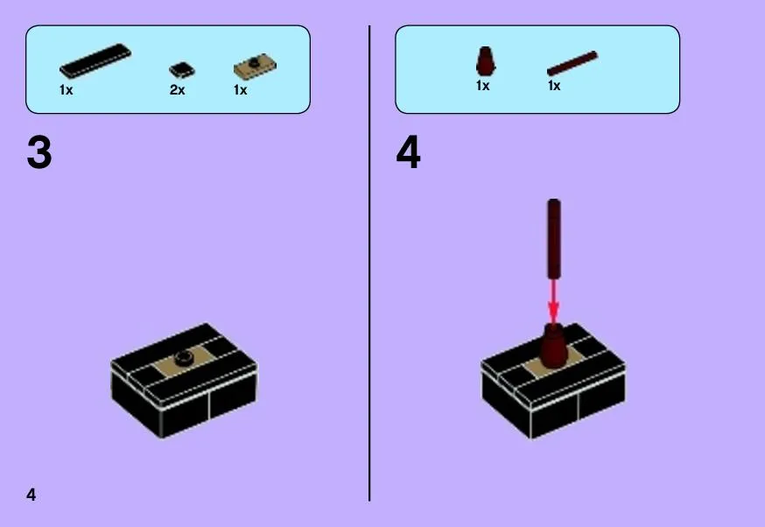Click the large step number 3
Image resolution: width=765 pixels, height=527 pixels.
point(39,152)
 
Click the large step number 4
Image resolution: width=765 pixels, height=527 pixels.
point(409,152)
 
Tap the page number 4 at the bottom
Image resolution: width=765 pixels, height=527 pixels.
point(32,495)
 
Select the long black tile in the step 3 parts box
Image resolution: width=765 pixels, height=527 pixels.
point(95,60)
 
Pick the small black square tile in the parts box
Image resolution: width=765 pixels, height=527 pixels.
point(181,70)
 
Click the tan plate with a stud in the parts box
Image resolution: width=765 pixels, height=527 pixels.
point(255,67)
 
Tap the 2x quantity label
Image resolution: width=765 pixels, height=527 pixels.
point(177,90)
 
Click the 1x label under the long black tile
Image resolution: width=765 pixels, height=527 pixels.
point(66,90)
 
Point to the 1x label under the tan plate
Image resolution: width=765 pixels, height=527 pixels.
point(240,90)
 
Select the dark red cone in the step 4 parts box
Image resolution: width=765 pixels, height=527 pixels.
point(485,60)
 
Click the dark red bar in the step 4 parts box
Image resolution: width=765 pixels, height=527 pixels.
point(572,63)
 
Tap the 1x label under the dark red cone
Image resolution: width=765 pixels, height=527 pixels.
point(482,86)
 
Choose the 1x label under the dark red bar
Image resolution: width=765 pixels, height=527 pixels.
point(554,86)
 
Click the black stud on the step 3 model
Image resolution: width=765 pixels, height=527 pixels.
point(185,358)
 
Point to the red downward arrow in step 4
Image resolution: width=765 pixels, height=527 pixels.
point(553,300)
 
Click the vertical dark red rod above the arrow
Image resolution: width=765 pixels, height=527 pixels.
point(554,239)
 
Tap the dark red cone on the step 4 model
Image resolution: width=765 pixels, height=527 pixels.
point(553,346)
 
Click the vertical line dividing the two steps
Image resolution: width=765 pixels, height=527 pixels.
point(369,263)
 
